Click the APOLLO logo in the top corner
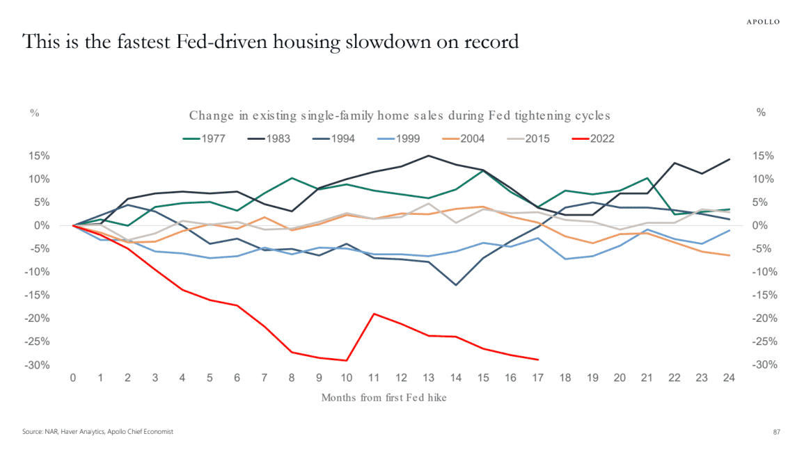[763, 22]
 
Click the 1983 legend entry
[273, 138]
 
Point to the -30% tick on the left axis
[39, 365]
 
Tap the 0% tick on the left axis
[44, 225]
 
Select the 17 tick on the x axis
[538, 378]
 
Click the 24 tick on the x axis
[728, 378]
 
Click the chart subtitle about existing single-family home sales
[399, 115]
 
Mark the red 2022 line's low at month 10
[347, 360]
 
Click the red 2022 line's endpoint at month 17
[538, 360]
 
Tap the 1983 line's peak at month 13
[428, 156]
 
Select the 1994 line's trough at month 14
[456, 285]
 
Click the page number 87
[777, 432]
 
